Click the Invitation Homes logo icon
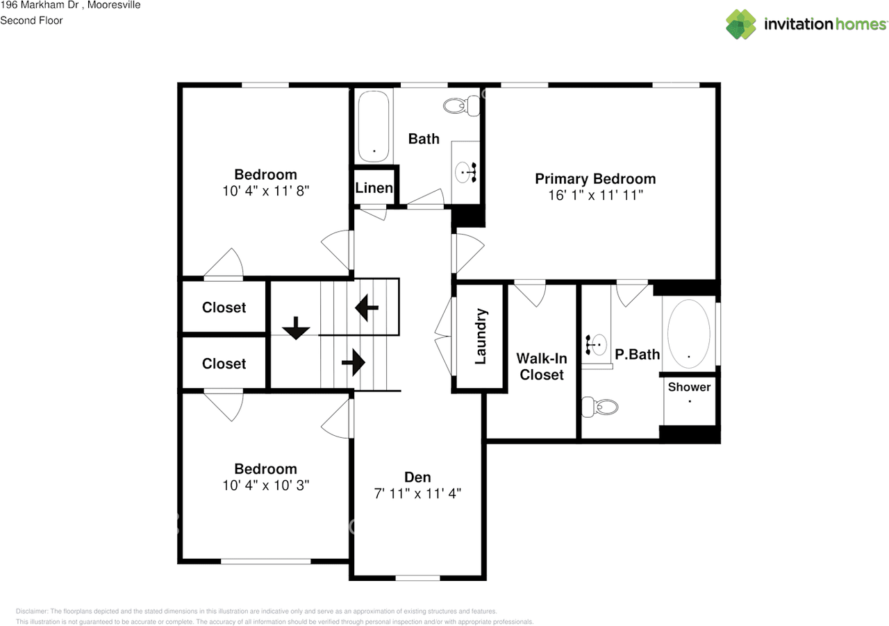click(741, 24)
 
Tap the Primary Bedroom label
click(595, 178)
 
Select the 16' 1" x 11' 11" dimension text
click(595, 196)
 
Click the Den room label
click(417, 477)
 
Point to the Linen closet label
click(374, 188)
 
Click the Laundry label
click(479, 337)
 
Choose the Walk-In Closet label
click(542, 366)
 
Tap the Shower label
click(689, 387)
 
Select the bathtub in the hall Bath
click(374, 126)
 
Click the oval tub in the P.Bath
click(689, 333)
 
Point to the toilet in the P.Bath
click(599, 407)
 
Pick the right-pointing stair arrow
click(354, 362)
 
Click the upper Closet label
click(224, 307)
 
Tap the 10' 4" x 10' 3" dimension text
click(265, 486)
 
